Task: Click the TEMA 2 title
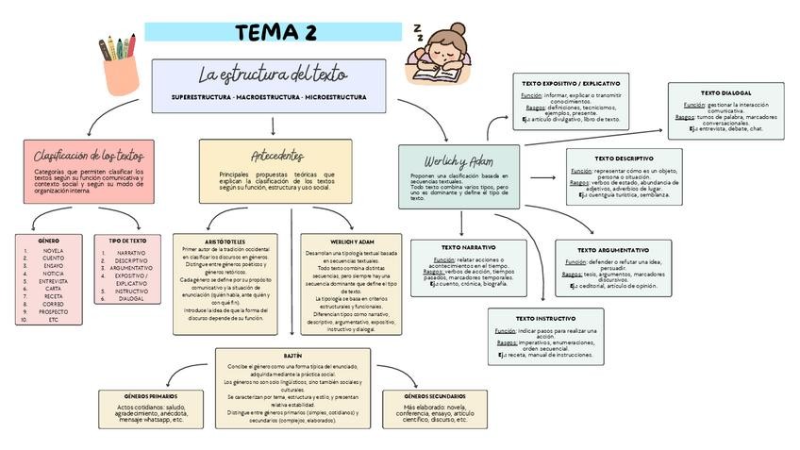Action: click(275, 32)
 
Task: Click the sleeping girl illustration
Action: click(442, 57)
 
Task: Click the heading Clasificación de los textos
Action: click(88, 155)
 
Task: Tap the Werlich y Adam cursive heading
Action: click(458, 161)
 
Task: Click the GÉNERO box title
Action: click(48, 241)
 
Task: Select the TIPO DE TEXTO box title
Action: click(127, 241)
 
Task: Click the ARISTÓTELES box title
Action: click(225, 242)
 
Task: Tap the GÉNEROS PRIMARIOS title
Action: click(150, 396)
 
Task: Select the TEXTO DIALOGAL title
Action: click(725, 93)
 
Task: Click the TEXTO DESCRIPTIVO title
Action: click(624, 158)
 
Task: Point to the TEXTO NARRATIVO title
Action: click(468, 247)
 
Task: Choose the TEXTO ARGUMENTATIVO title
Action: click(612, 250)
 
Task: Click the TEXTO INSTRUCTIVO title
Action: click(545, 319)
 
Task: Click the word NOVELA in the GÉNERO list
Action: click(54, 251)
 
